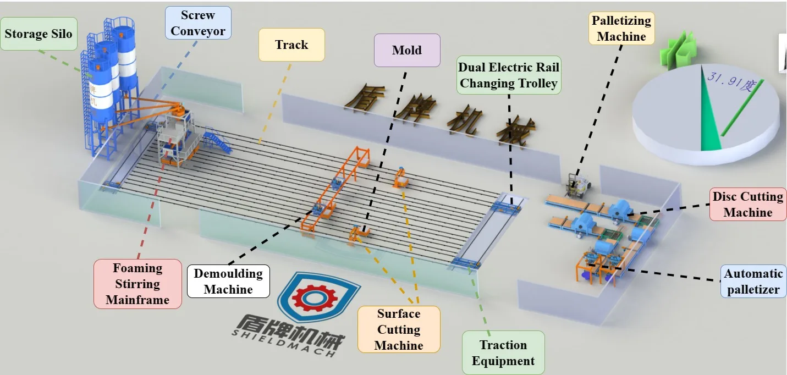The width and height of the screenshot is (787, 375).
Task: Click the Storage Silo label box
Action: point(38,34)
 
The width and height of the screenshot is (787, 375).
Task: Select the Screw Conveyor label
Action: point(198,23)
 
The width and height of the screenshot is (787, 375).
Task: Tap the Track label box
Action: point(291,45)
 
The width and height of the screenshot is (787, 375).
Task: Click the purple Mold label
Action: point(407,51)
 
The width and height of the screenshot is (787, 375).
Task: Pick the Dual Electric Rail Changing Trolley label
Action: point(509,76)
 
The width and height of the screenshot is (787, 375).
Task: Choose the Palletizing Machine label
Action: point(621,29)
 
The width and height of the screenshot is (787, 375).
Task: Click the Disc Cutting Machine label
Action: point(748,205)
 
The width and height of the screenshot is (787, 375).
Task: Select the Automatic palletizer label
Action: point(753,282)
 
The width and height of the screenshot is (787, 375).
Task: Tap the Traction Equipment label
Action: point(503,353)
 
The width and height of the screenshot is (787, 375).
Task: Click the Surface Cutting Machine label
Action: point(399,329)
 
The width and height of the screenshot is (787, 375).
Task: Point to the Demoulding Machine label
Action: point(228,282)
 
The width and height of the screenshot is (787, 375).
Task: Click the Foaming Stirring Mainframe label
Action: point(137,284)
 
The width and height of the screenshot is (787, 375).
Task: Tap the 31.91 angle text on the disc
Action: point(732,82)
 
